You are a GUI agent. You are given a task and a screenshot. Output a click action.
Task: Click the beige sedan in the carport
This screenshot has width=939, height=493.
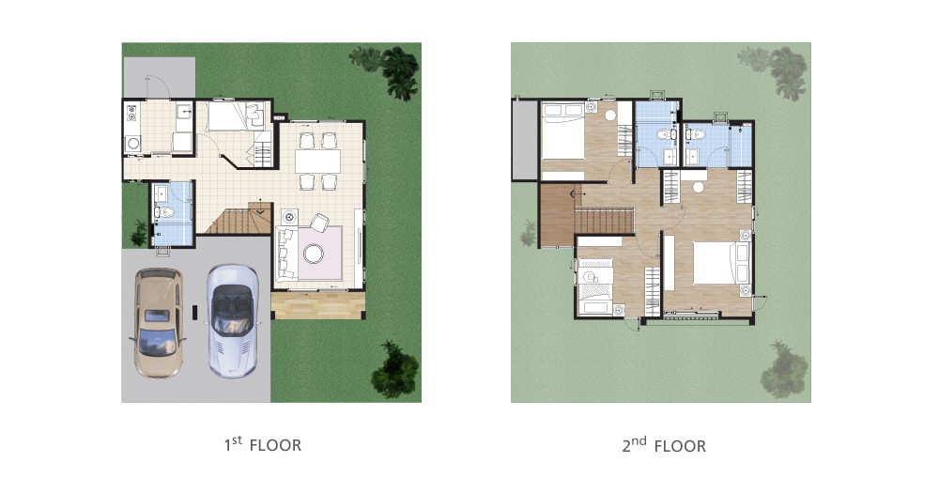click(x=157, y=322)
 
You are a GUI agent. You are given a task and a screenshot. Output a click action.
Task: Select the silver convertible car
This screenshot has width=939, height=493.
click(x=233, y=321)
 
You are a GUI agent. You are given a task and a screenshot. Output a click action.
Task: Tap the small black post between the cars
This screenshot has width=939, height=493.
click(x=194, y=312)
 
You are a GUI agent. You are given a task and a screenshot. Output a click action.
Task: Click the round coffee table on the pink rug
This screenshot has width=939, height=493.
click(x=313, y=254)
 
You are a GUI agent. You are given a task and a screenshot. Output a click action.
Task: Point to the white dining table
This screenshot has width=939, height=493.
click(x=317, y=162)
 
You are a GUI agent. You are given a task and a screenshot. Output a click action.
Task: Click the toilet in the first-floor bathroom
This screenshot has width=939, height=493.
click(x=163, y=211)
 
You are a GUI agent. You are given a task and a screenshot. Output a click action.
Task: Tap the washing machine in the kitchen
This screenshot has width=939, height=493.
click(x=132, y=143)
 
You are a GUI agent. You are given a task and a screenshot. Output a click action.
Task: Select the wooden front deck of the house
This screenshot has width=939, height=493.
click(x=318, y=305)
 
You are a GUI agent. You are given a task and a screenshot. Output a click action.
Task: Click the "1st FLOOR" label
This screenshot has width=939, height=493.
click(x=262, y=444)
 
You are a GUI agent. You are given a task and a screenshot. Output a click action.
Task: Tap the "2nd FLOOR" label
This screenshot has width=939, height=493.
click(x=664, y=445)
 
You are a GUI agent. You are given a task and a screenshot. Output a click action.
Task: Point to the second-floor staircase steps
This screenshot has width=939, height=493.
click(x=604, y=220)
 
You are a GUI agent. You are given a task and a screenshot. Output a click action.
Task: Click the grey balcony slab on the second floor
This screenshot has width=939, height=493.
click(x=525, y=139)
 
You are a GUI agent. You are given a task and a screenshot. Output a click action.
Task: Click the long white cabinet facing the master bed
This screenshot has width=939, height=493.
click(x=669, y=263)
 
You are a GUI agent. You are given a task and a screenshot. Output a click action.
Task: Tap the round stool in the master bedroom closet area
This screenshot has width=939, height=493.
click(x=699, y=187)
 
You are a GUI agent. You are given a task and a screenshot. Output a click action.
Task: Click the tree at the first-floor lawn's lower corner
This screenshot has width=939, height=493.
click(x=394, y=370)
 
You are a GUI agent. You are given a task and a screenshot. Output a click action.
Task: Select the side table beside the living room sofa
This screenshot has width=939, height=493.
click(x=289, y=216)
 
